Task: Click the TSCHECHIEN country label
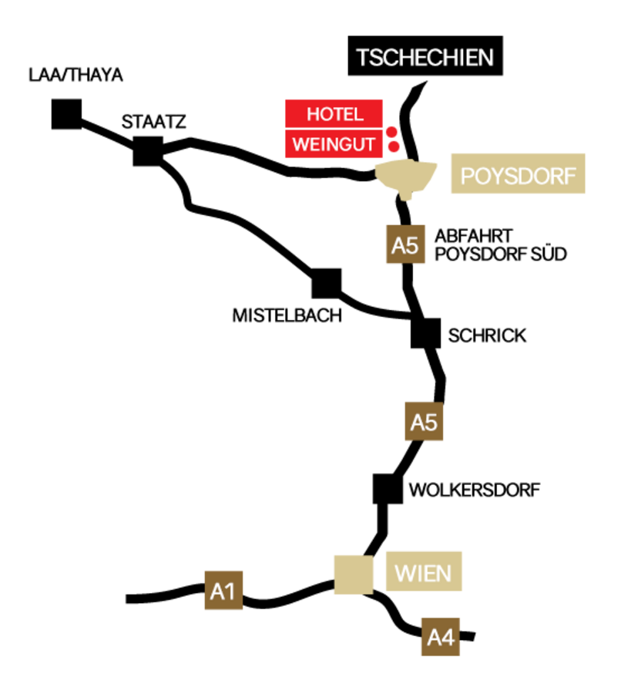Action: [424, 58]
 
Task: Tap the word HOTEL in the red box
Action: [334, 114]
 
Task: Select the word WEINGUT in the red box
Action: [334, 144]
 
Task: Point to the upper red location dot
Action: [391, 131]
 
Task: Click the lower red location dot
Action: [394, 146]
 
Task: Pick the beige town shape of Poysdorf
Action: [406, 177]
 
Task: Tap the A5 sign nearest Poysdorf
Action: [405, 245]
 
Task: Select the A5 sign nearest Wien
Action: [424, 422]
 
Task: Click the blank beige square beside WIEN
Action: [353, 574]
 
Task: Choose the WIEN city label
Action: [424, 571]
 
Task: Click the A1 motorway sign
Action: [223, 591]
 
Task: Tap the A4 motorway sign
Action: [440, 637]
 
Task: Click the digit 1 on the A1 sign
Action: [230, 591]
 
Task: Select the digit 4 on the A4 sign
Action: [448, 638]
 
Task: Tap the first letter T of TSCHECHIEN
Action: [363, 58]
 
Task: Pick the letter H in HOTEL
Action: [313, 114]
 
